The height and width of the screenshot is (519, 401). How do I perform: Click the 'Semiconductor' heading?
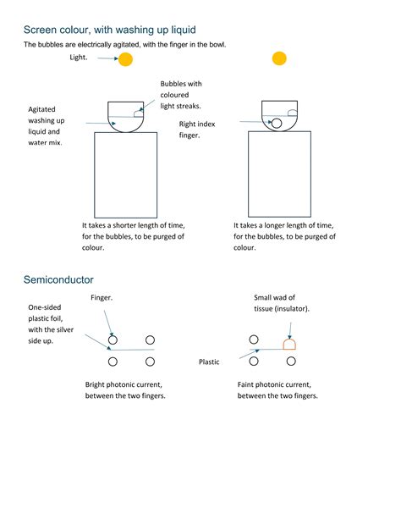(58, 279)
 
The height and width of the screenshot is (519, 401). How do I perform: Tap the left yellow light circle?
(125, 58)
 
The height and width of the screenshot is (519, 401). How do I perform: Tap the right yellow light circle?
(279, 58)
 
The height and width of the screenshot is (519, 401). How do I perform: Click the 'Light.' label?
(80, 58)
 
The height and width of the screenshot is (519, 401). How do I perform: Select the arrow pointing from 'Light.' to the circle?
(107, 58)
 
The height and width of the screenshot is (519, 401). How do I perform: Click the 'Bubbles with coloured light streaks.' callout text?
(181, 95)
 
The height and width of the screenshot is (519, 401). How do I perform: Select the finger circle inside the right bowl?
(276, 124)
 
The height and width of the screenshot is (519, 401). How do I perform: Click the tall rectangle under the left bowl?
(126, 175)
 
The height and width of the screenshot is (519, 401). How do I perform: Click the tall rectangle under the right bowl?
(279, 175)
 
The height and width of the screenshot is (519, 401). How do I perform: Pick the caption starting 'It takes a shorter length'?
(133, 236)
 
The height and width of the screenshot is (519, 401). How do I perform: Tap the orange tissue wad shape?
(289, 343)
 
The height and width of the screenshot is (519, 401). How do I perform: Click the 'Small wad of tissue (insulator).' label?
(282, 303)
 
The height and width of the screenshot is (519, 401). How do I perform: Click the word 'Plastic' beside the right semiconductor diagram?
(209, 362)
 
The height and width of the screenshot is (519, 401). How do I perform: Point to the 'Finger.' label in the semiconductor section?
(102, 298)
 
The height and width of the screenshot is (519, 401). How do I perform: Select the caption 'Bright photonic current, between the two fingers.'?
(125, 389)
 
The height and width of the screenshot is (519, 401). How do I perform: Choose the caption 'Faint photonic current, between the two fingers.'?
(277, 389)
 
